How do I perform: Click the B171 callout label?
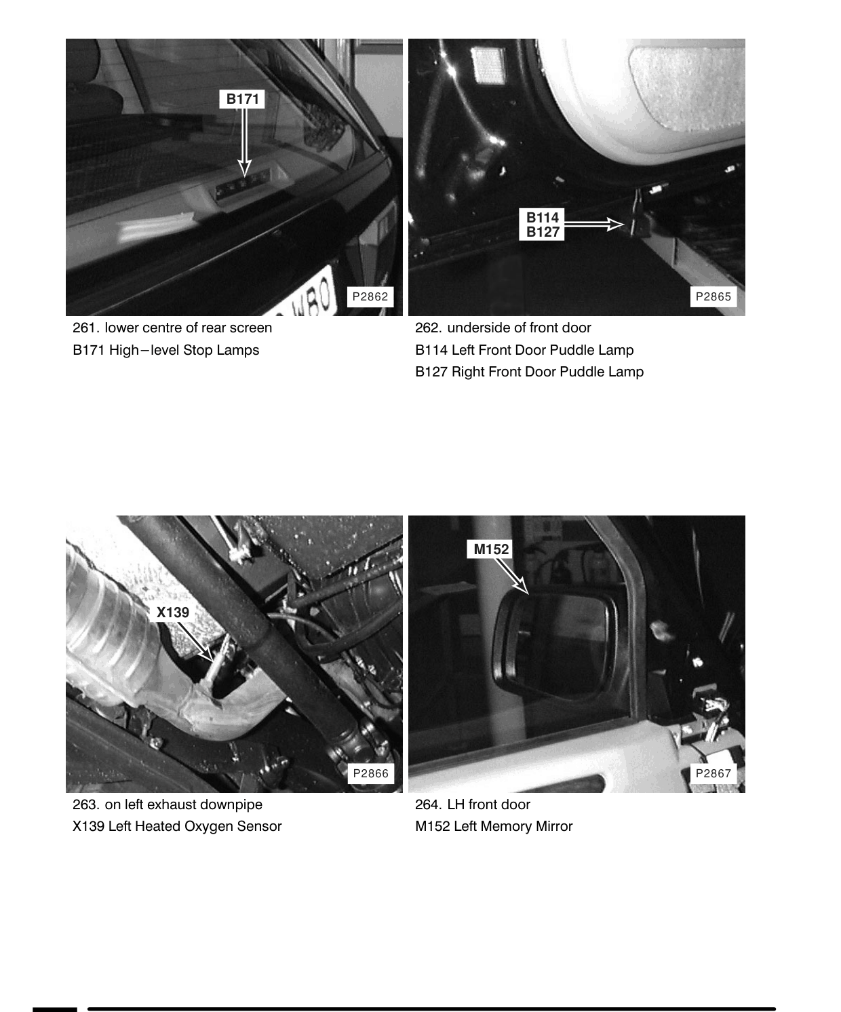click(x=242, y=99)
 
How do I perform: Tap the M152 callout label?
click(x=490, y=549)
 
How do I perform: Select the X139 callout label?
click(x=172, y=612)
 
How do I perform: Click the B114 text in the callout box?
click(x=542, y=217)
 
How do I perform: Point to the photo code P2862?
click(x=370, y=296)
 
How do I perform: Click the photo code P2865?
click(x=713, y=296)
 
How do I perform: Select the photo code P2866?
click(x=370, y=773)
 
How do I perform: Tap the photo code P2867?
click(x=713, y=773)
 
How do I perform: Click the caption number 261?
click(x=86, y=328)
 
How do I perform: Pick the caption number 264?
click(x=429, y=804)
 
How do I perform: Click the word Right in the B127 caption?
click(x=468, y=372)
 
